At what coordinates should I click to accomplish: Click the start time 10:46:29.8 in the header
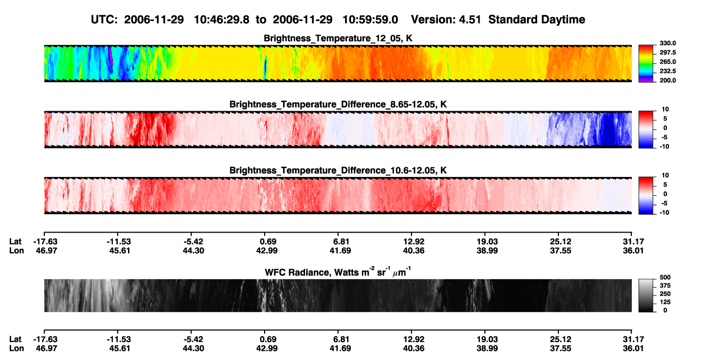click(x=221, y=20)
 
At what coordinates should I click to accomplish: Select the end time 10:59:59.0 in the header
click(x=370, y=20)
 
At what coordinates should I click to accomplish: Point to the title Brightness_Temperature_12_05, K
click(x=338, y=38)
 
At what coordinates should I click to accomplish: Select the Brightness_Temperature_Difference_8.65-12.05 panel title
click(x=338, y=104)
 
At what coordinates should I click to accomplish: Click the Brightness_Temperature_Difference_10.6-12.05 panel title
click(x=338, y=171)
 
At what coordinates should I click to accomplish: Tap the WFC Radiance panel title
click(x=338, y=271)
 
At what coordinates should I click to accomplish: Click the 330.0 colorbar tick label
click(x=667, y=43)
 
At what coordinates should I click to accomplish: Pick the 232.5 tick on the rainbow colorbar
click(x=667, y=71)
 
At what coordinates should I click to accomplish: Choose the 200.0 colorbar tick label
click(x=667, y=80)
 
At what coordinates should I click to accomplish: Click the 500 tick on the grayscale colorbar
click(x=665, y=277)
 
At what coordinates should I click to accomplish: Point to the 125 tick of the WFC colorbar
click(x=665, y=302)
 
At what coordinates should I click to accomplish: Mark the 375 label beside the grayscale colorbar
click(x=665, y=286)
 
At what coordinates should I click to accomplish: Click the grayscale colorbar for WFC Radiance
click(x=646, y=295)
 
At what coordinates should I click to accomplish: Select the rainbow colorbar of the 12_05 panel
click(x=646, y=64)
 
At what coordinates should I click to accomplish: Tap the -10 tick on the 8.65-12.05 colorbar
click(x=664, y=146)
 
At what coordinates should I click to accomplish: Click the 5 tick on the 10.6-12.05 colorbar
click(x=665, y=185)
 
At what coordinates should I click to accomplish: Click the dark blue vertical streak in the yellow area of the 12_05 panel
click(x=266, y=66)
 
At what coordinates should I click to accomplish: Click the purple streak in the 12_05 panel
click(x=111, y=56)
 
